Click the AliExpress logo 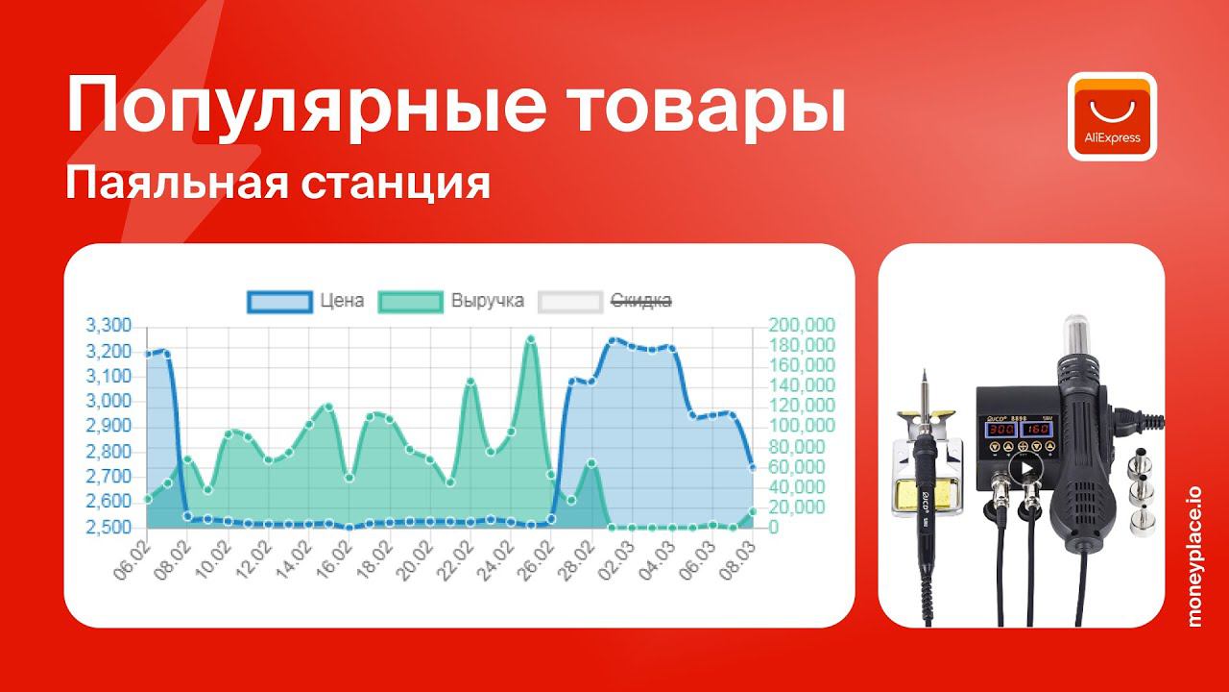(x=1112, y=116)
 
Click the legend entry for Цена (x=306, y=301)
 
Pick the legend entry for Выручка (x=451, y=301)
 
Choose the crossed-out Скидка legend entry (x=605, y=301)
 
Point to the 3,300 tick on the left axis (x=108, y=325)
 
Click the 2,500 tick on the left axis (x=108, y=528)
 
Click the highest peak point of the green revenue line (x=531, y=339)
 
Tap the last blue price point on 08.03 (x=753, y=468)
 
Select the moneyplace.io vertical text (x=1194, y=556)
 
